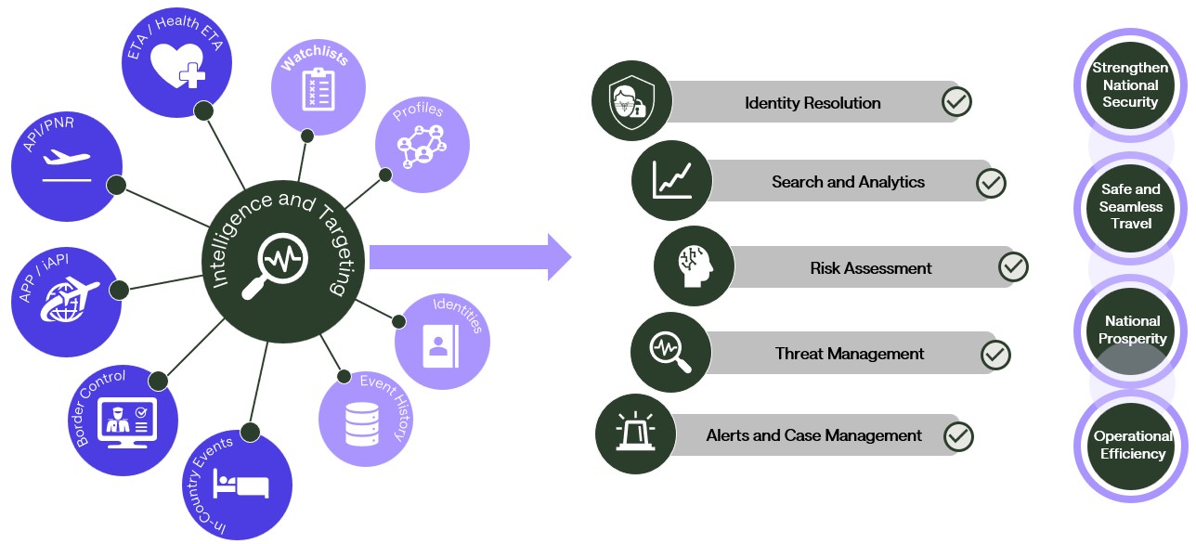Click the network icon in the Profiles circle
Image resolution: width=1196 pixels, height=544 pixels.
[421, 146]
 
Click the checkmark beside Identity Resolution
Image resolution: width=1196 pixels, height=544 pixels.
[955, 102]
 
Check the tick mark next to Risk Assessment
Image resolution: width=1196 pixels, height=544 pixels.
[1013, 267]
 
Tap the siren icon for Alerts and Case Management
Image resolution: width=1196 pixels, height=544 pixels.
[634, 434]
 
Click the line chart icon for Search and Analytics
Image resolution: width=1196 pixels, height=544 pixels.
[671, 181]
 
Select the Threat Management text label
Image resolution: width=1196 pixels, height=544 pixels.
[849, 354]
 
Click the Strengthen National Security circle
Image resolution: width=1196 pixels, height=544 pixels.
[1130, 84]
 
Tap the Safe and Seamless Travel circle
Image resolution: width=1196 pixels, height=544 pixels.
[1130, 206]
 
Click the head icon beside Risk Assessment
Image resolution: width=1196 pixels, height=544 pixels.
[693, 266]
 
